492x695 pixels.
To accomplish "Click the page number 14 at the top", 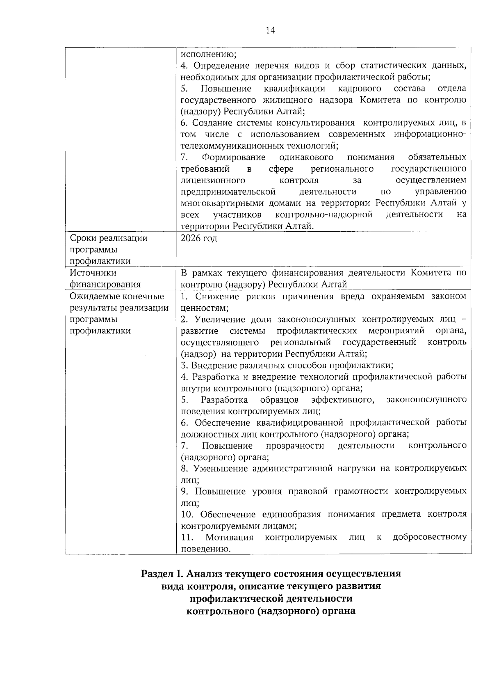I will pyautogui.click(x=270, y=30).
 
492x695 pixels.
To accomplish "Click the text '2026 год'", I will pyautogui.click(x=199, y=238).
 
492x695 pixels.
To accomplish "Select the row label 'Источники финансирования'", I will pyautogui.click(x=105, y=278).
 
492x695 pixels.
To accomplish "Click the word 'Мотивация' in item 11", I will pyautogui.click(x=229, y=537).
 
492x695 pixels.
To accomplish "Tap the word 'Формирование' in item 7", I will pyautogui.click(x=233, y=157).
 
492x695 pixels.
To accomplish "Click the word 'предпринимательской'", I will pyautogui.click(x=228, y=191).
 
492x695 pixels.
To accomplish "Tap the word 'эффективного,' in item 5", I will pyautogui.click(x=342, y=399).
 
